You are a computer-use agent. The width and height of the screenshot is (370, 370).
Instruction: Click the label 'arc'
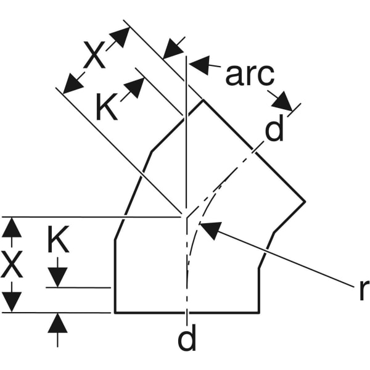(249, 75)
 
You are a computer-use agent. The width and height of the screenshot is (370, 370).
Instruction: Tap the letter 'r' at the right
(363, 290)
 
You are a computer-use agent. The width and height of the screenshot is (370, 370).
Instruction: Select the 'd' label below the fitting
(186, 340)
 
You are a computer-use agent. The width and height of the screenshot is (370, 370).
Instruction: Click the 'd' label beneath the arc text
(274, 129)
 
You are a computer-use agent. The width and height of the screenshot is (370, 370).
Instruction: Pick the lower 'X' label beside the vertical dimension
(12, 266)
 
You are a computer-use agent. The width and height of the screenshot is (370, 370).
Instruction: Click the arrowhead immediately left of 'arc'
(200, 64)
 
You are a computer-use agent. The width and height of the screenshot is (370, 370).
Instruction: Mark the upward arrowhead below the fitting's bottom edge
(57, 322)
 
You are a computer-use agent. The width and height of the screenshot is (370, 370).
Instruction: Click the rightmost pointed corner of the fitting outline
(305, 201)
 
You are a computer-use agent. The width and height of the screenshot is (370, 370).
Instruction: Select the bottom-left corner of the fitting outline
(115, 313)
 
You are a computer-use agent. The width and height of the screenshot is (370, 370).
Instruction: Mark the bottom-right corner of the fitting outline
(258, 313)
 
